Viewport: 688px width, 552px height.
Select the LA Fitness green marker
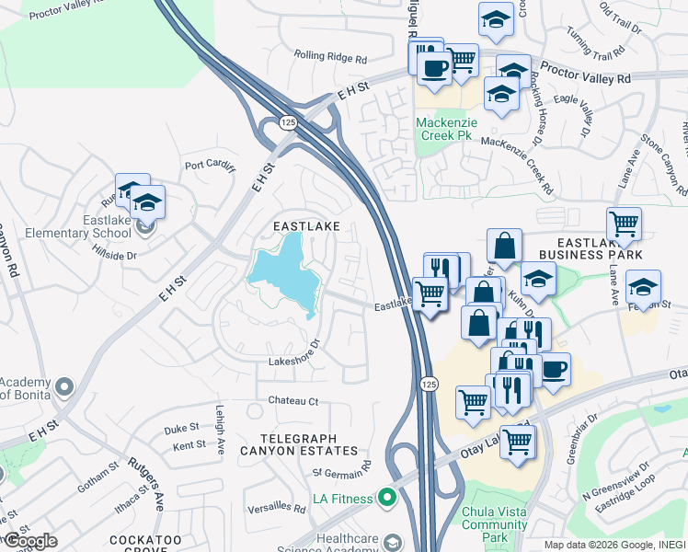point(386,499)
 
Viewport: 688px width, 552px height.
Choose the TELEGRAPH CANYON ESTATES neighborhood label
point(298,444)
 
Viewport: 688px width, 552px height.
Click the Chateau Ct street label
point(292,401)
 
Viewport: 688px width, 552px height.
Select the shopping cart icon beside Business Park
point(624,223)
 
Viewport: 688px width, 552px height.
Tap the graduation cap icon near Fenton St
point(643,285)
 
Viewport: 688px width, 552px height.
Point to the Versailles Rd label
point(276,508)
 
